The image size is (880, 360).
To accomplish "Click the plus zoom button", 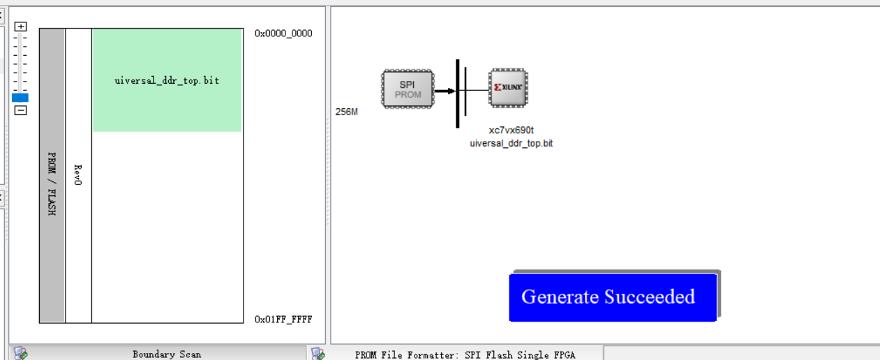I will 21,27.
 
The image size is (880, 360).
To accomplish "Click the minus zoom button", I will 21,110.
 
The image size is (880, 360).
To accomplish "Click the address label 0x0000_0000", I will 283,33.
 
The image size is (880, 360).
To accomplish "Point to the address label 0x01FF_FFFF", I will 283,320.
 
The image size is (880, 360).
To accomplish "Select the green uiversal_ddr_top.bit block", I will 167,80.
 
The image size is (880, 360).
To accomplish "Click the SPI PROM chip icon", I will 408,89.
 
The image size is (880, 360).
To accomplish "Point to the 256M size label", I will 346,112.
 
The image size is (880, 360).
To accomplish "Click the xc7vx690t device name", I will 511,130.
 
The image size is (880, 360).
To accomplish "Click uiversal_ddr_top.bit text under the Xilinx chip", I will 511,143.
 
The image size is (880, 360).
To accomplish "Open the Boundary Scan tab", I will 166,354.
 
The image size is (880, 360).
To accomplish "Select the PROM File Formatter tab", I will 465,354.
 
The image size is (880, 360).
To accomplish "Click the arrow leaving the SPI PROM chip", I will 444,90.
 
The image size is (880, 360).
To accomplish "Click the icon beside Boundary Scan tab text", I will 21,354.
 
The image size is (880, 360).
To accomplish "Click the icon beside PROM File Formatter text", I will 318,354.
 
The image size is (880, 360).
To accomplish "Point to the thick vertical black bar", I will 458,93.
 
